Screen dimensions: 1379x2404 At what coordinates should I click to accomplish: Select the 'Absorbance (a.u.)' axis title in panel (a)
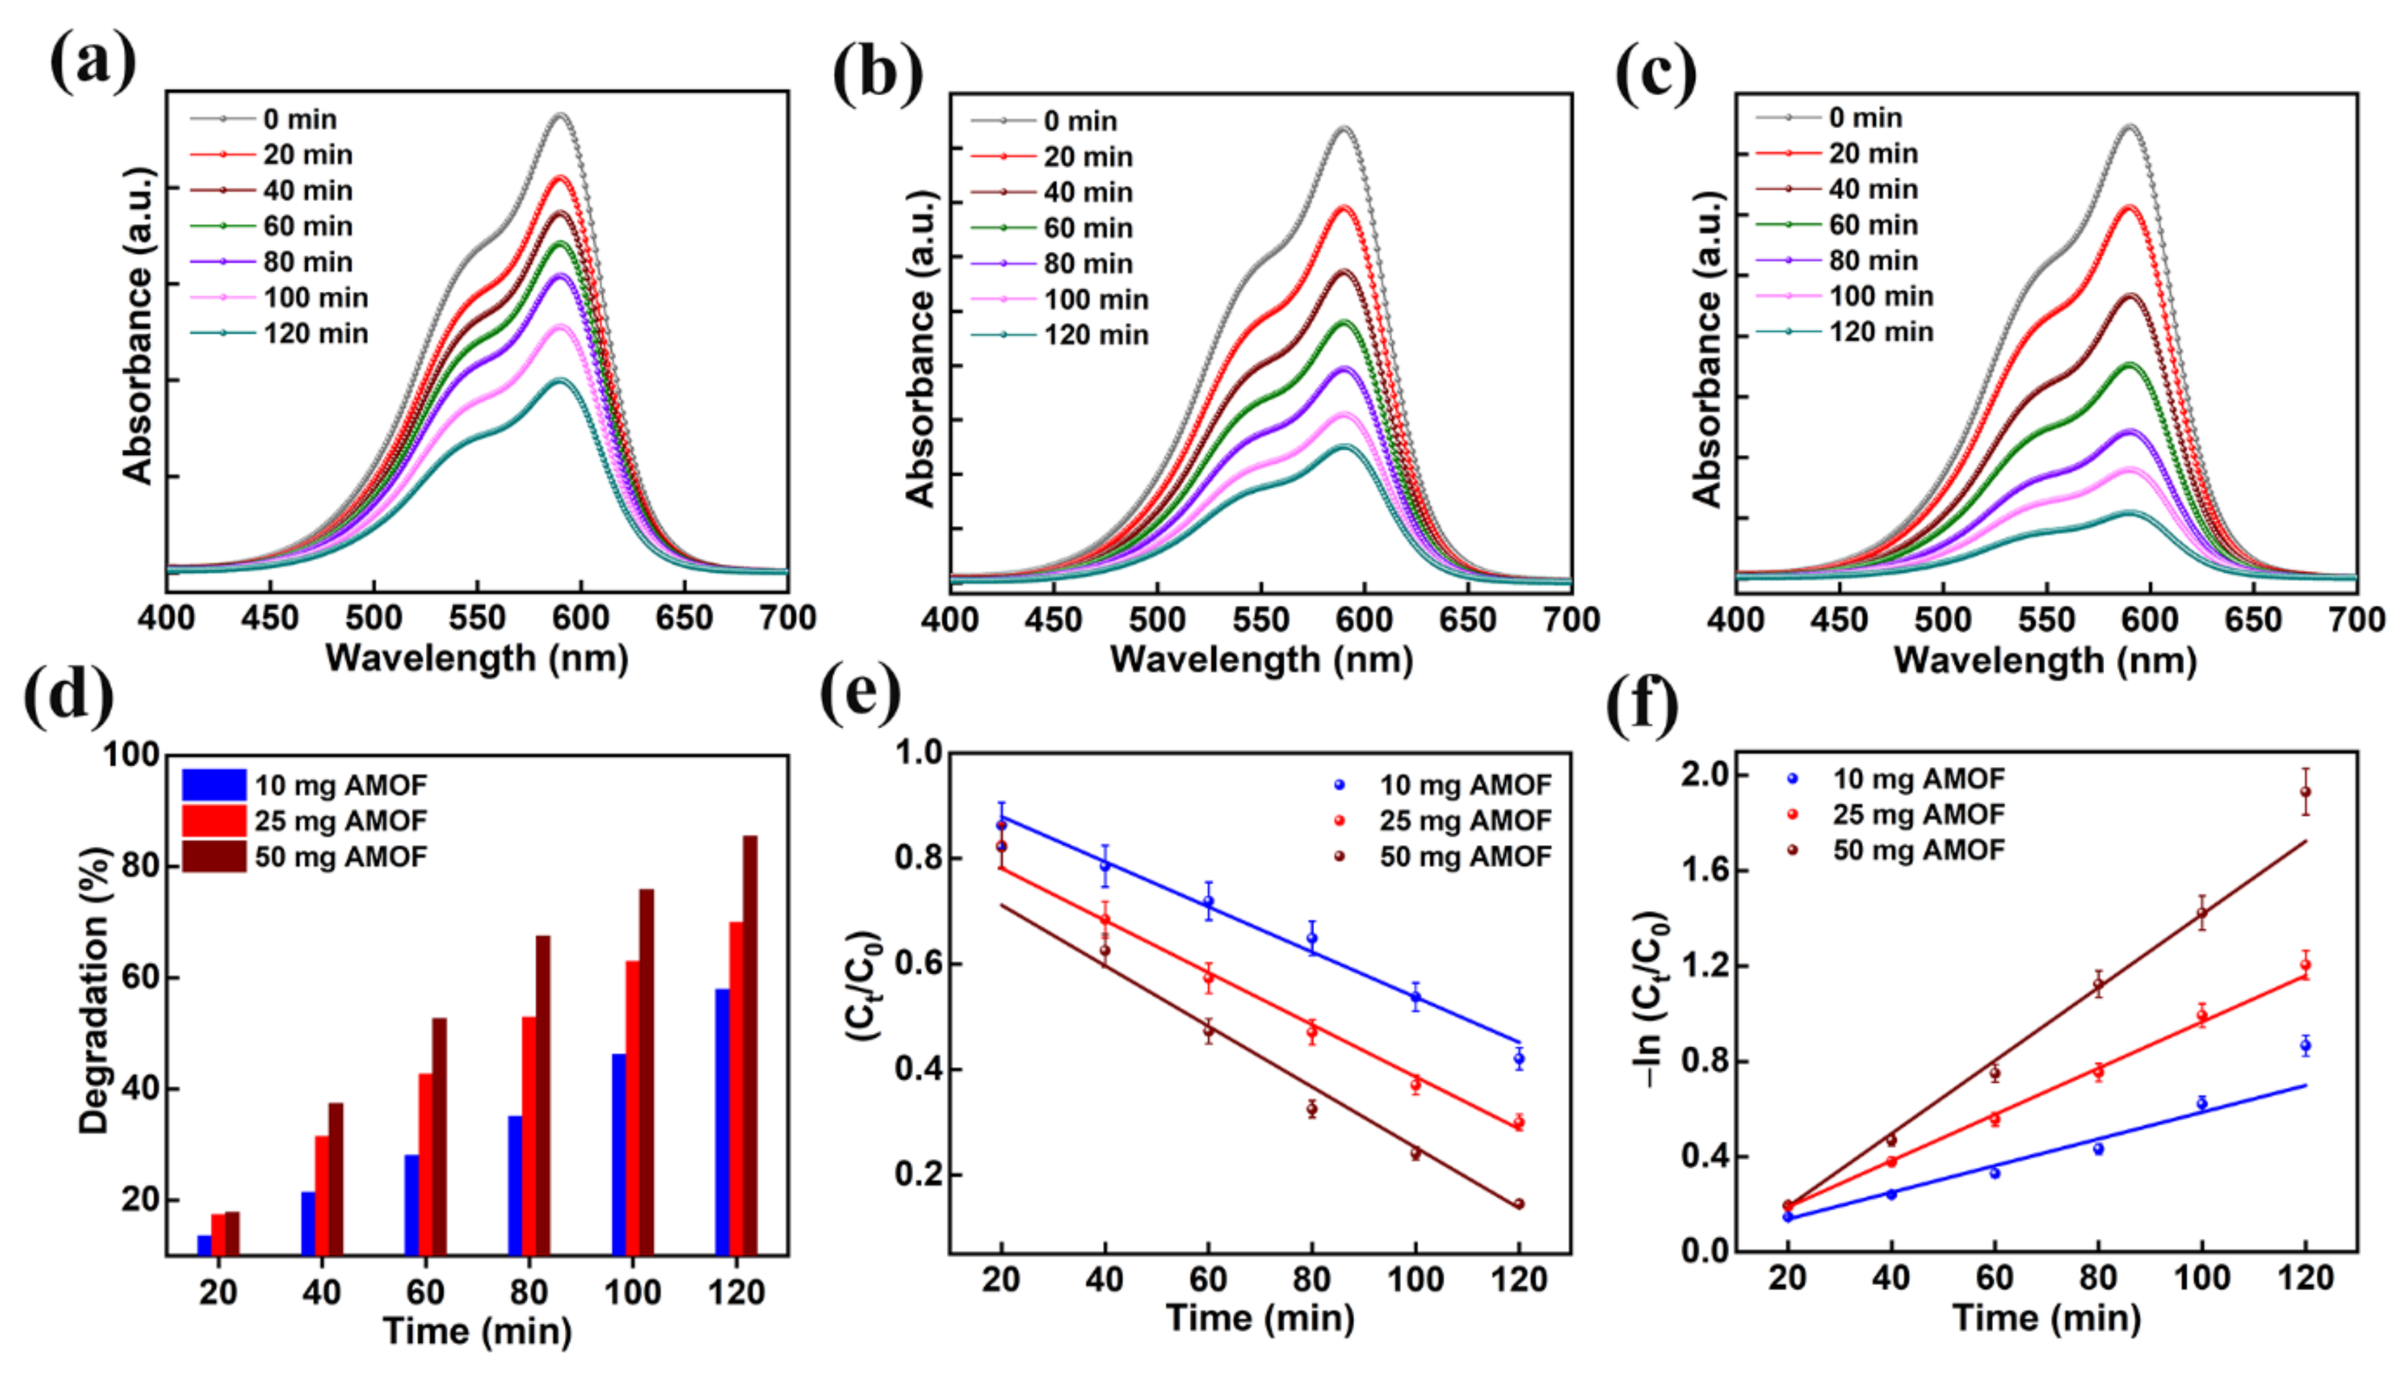click(x=138, y=326)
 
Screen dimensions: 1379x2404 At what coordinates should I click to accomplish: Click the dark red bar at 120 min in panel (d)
click(x=749, y=1042)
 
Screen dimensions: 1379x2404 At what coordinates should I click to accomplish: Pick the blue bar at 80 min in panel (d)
click(x=515, y=1184)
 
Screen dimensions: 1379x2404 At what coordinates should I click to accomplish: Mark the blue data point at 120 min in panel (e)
click(x=1519, y=1059)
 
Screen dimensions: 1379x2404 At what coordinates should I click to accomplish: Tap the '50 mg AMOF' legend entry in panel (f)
click(x=1918, y=850)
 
